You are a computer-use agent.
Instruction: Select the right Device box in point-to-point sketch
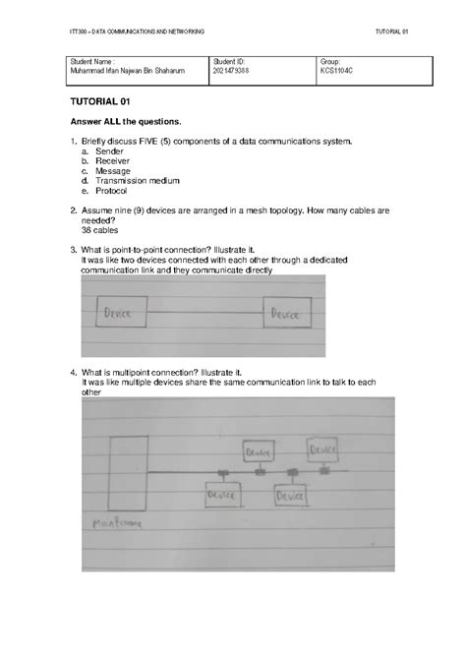pyautogui.click(x=284, y=314)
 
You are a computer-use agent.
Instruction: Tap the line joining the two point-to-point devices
pyautogui.click(x=201, y=314)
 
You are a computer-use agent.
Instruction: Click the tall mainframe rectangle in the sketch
pyautogui.click(x=129, y=470)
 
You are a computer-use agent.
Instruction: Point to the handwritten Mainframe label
pyautogui.click(x=114, y=523)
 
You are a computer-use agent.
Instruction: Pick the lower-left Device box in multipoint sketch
pyautogui.click(x=221, y=497)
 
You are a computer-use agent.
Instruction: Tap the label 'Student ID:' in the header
pyautogui.click(x=229, y=62)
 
